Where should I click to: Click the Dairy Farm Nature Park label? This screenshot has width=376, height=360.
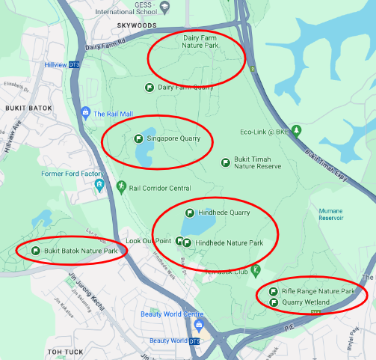[200, 40]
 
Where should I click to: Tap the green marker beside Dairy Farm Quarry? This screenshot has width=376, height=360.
[149, 88]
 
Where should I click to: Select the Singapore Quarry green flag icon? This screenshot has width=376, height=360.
[138, 138]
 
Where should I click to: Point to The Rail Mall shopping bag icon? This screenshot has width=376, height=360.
[85, 114]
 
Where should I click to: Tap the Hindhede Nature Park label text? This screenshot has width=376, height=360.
[229, 243]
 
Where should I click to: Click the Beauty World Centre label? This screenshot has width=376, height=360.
[172, 314]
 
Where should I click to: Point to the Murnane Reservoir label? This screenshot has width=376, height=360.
[330, 215]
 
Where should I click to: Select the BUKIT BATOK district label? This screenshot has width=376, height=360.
[28, 108]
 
